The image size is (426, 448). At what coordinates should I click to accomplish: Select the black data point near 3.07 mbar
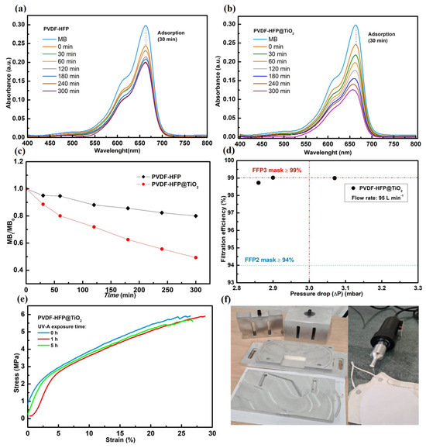click(335, 178)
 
